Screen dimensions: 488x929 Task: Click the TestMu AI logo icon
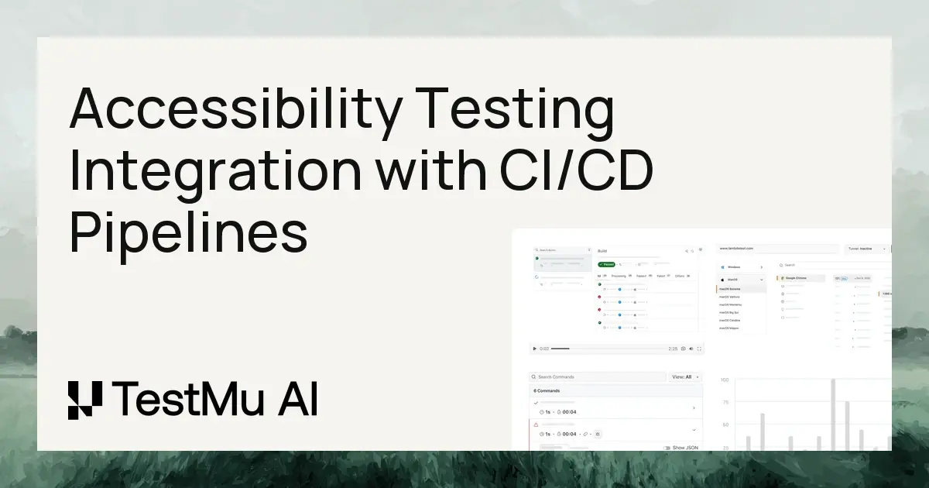pos(84,400)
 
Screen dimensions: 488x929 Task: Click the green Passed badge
pos(607,264)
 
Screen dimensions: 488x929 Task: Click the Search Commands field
pos(596,377)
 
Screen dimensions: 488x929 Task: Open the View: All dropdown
pos(686,377)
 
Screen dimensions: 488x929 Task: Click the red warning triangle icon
pos(536,425)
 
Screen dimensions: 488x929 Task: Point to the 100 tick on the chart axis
pos(725,380)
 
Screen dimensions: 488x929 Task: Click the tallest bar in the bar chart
pos(833,414)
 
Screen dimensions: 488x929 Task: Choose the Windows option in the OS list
pos(735,266)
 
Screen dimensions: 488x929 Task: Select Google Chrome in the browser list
pos(797,277)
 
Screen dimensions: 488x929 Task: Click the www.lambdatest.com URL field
pos(777,249)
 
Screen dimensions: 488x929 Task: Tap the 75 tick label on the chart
pos(725,403)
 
